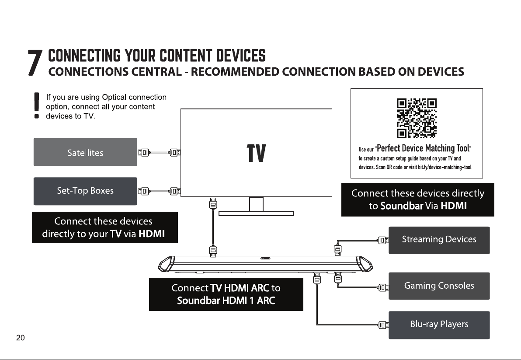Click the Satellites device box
(85, 152)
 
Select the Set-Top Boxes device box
(85, 191)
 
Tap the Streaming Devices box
(439, 240)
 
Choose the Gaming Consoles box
(439, 286)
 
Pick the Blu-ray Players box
(439, 325)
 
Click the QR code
(417, 118)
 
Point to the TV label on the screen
(256, 153)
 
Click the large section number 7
(35, 63)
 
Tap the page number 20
(20, 338)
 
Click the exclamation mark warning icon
(37, 105)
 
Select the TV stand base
(256, 213)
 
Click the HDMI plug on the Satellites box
(144, 153)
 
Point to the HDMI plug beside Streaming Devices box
(383, 240)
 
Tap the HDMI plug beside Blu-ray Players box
(383, 325)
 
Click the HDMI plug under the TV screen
(213, 203)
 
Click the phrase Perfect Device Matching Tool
(423, 148)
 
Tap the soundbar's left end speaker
(167, 264)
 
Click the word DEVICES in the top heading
(241, 56)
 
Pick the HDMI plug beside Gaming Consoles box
(383, 287)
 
